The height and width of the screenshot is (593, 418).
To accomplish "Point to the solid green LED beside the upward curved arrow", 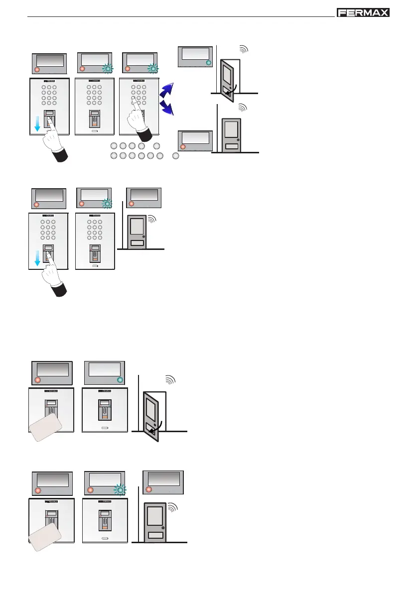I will [208, 63].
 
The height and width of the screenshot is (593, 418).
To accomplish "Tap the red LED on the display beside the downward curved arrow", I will [183, 147].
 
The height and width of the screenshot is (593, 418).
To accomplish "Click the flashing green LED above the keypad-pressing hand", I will [154, 68].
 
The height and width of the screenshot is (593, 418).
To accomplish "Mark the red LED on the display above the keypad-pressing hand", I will [128, 68].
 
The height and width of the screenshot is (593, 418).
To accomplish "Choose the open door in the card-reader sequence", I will [153, 414].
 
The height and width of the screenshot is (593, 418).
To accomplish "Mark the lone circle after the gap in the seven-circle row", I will [175, 156].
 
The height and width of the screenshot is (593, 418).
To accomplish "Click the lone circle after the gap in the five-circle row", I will [157, 146].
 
